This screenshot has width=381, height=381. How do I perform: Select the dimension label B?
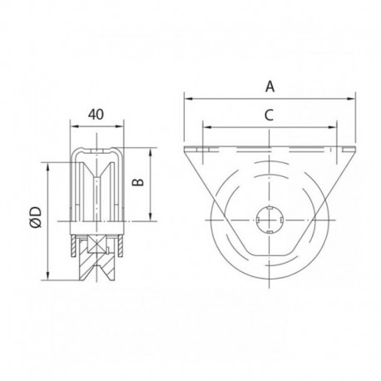141,185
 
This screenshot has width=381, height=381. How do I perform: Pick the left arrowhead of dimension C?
205,128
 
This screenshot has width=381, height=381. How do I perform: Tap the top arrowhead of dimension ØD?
51,151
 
